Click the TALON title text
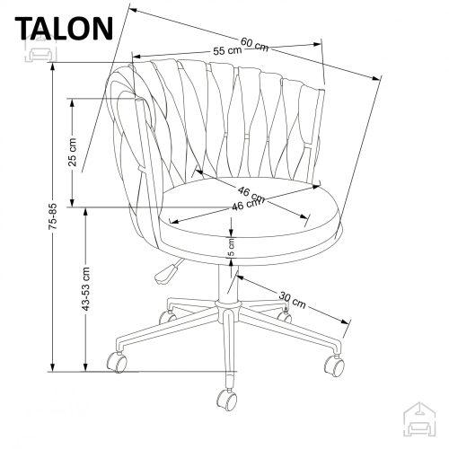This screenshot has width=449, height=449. pyautogui.click(x=64, y=29)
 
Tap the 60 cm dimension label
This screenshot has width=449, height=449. pyautogui.click(x=254, y=45)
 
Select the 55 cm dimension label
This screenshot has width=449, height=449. pyautogui.click(x=227, y=50)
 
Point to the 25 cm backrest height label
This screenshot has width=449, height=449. pyautogui.click(x=73, y=152)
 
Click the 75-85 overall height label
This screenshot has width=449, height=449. pyautogui.click(x=53, y=216)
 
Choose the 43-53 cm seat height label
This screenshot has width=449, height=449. pyautogui.click(x=86, y=288)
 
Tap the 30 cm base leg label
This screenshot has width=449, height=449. pyautogui.click(x=293, y=300)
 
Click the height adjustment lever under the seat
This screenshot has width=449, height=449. pyautogui.click(x=165, y=272)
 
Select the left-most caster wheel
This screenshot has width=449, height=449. pyautogui.click(x=117, y=362)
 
